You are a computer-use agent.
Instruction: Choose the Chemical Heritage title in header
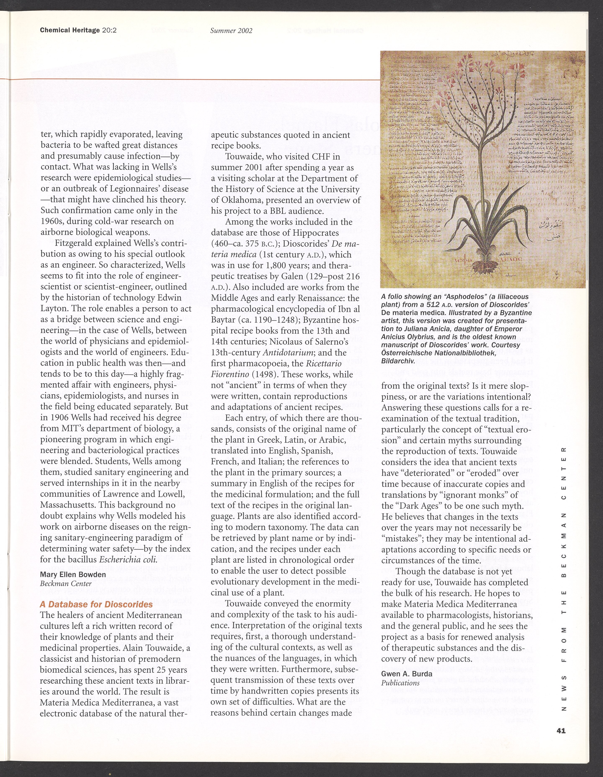pos(70,30)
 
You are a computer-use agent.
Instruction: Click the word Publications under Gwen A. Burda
pos(400,683)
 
